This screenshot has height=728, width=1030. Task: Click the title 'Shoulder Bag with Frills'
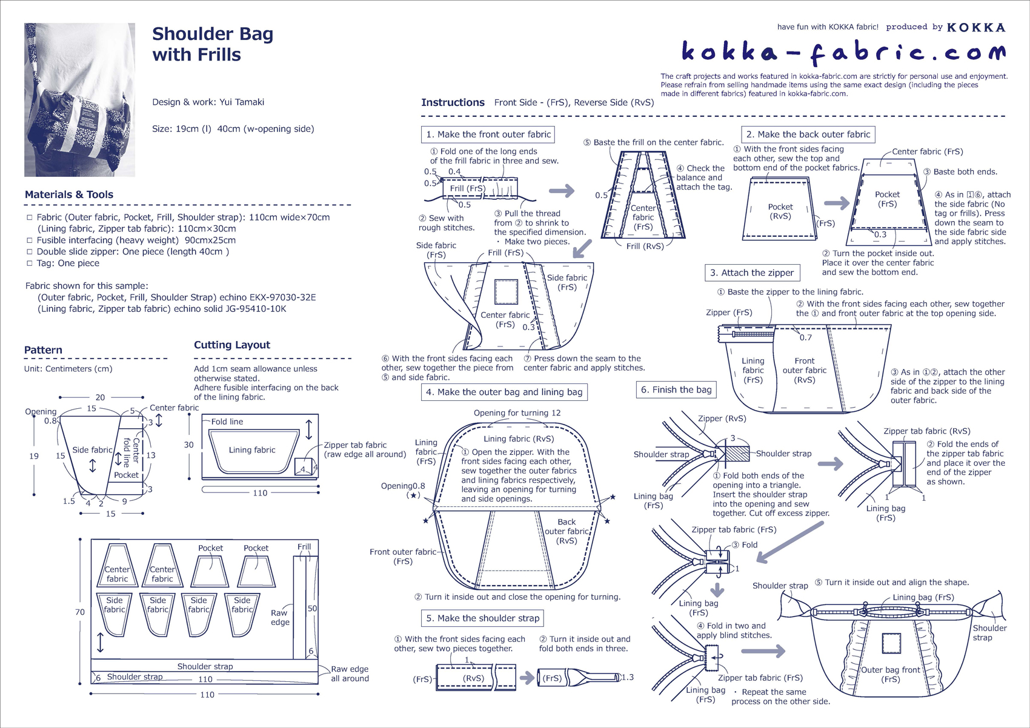click(213, 44)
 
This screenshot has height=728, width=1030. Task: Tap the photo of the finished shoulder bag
click(79, 100)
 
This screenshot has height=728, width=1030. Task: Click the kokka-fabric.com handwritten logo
click(843, 53)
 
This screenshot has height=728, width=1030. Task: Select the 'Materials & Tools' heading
click(69, 194)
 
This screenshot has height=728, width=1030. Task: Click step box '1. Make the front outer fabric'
click(488, 134)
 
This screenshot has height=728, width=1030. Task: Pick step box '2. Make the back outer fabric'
click(808, 134)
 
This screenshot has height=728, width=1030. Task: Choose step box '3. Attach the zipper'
click(751, 273)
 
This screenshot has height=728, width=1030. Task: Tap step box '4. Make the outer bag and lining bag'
click(503, 392)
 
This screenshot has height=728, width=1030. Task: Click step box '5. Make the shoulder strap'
click(482, 618)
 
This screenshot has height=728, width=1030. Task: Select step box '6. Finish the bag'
click(676, 389)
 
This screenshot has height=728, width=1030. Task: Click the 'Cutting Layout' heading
click(232, 345)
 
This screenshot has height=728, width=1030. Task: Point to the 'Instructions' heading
click(453, 102)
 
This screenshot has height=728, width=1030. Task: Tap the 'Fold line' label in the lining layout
click(227, 422)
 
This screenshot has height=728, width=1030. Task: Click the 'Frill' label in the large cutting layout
click(304, 546)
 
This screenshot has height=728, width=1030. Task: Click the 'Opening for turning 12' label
click(517, 412)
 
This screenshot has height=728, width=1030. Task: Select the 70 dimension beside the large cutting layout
click(80, 612)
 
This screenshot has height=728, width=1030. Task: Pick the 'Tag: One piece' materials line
click(68, 263)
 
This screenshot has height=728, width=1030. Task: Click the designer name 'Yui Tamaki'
click(241, 102)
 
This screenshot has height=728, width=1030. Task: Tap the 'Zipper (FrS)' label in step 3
click(729, 313)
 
